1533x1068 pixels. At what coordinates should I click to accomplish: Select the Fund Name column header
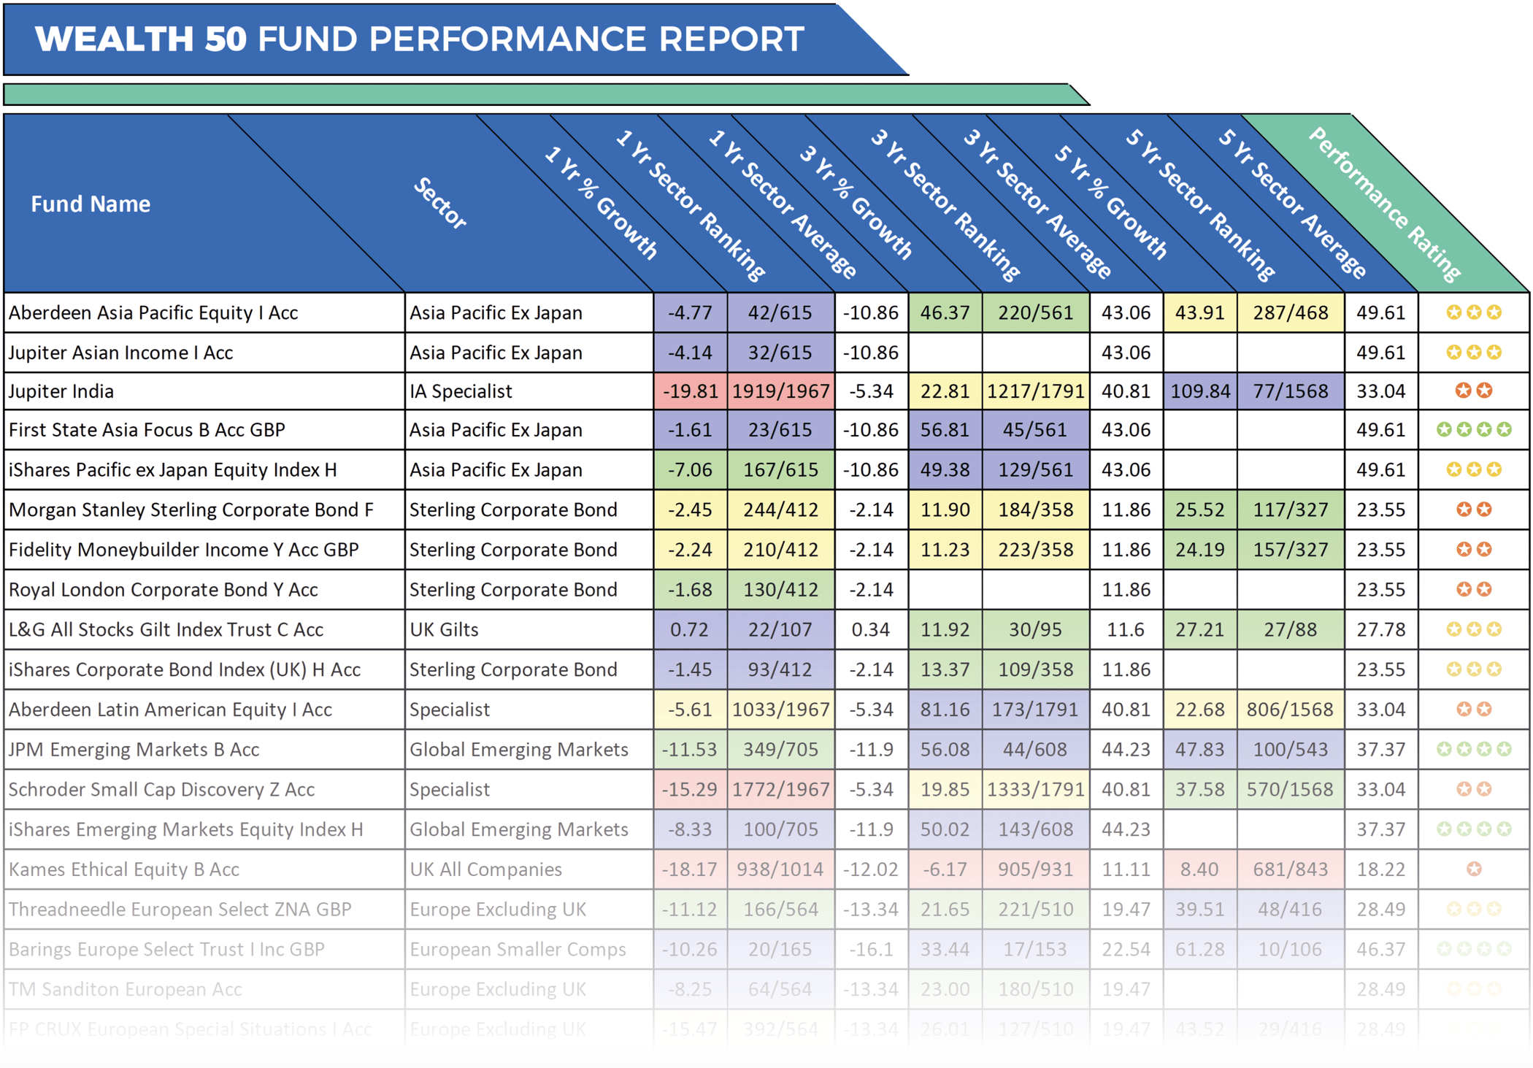(91, 204)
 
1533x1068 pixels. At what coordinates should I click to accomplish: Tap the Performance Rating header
(1384, 204)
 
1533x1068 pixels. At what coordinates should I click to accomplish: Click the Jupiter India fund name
(61, 391)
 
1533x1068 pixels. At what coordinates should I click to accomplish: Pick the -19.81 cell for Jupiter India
(690, 391)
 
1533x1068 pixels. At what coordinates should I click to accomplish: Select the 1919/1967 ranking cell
(780, 391)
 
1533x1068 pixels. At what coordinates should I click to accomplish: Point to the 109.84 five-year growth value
(1200, 391)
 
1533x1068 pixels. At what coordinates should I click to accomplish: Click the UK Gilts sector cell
(444, 629)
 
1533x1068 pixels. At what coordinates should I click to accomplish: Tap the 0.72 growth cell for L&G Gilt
(690, 629)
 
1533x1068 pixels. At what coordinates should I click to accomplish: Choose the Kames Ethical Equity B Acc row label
(124, 869)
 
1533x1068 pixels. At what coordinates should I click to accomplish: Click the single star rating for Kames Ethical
(1474, 869)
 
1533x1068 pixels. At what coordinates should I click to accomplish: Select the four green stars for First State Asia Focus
(1474, 430)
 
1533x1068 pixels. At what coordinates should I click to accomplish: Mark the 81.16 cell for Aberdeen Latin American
(945, 710)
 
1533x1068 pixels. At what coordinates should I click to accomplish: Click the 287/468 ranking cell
(1290, 313)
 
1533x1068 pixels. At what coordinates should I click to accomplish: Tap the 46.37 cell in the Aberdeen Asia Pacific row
(945, 313)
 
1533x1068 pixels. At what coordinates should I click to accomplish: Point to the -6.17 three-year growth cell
(945, 869)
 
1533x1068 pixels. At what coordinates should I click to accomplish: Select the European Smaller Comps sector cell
(518, 949)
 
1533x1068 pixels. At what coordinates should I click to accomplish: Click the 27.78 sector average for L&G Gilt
(1380, 629)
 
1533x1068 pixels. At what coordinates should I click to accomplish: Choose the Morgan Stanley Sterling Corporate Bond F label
(191, 510)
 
